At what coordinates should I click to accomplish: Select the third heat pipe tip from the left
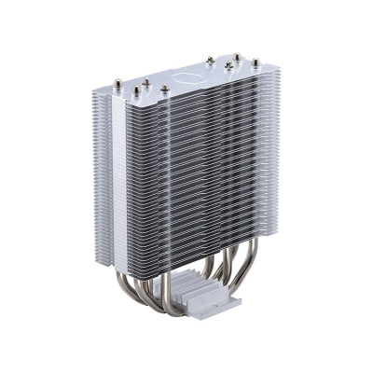(147, 84)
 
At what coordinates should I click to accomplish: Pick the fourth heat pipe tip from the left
(164, 90)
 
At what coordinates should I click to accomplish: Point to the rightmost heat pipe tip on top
(254, 63)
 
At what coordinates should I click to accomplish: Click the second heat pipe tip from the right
(237, 58)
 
